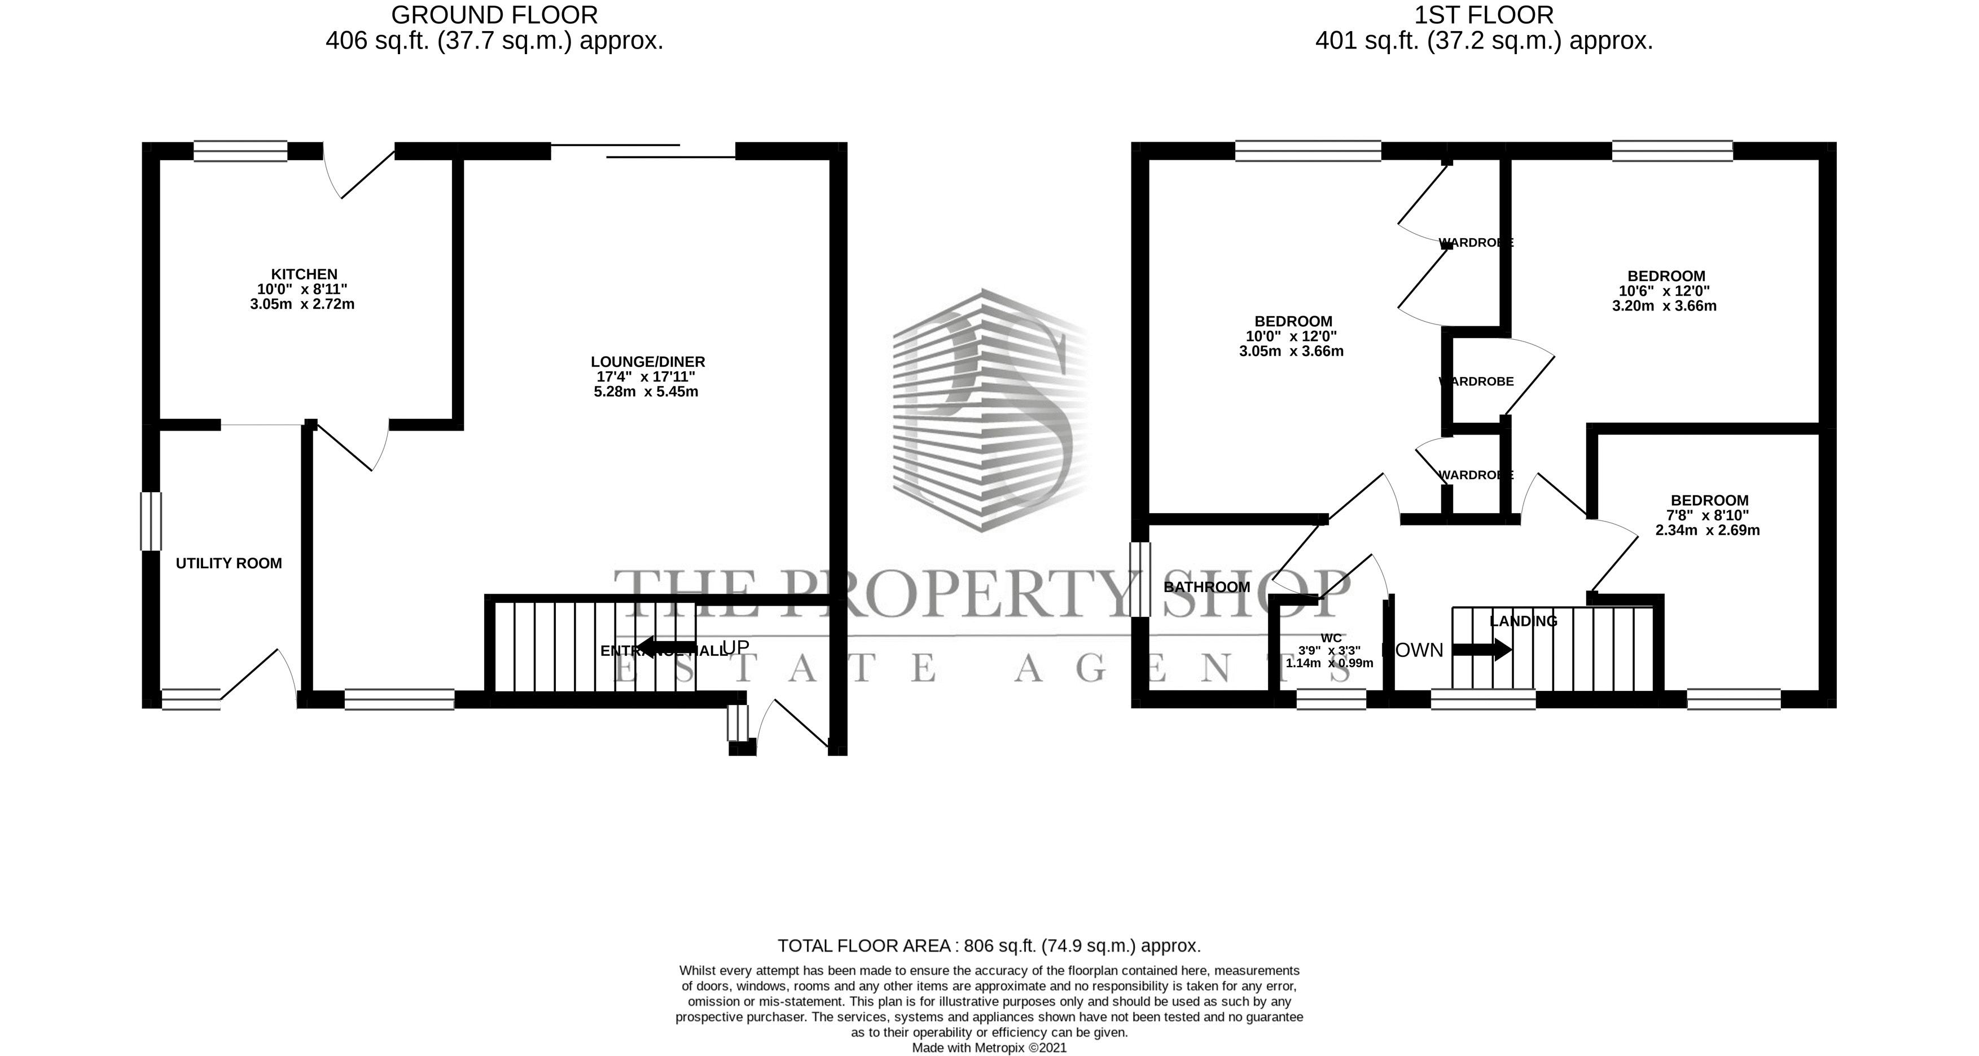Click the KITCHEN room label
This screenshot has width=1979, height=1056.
point(304,274)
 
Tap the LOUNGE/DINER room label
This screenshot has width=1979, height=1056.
point(648,362)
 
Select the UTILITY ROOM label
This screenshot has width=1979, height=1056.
point(229,563)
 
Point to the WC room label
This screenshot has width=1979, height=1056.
point(1331,638)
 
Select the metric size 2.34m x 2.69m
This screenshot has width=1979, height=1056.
point(1707,531)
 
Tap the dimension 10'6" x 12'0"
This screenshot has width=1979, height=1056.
point(1664,291)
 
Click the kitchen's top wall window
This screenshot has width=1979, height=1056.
point(240,151)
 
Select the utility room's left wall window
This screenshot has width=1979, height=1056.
point(151,521)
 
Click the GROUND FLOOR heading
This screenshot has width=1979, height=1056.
point(494,15)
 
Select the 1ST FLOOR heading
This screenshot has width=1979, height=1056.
point(1484,15)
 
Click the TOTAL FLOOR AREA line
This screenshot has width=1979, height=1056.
point(989,945)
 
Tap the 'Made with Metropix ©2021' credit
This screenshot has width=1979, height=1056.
point(989,1048)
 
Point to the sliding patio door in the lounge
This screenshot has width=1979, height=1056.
point(643,151)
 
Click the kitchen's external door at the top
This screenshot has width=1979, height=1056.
point(359,170)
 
